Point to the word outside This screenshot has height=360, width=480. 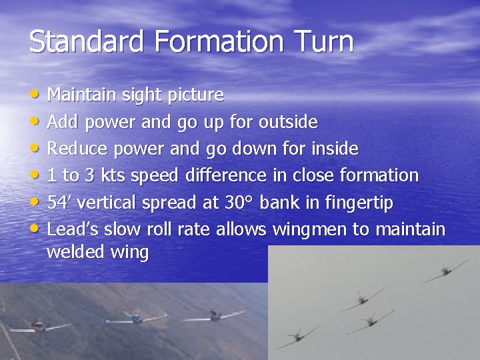coord(288,122)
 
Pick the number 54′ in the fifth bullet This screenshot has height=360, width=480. coord(58,203)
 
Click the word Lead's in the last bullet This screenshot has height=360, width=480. coord(71,229)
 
